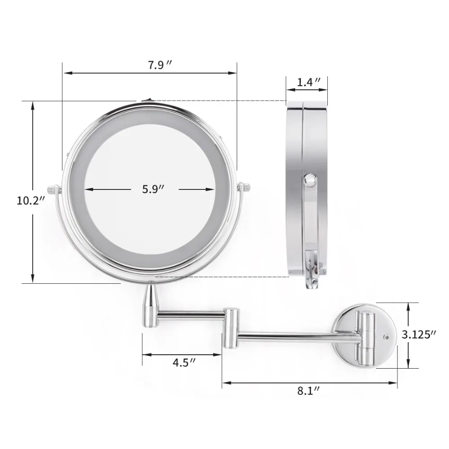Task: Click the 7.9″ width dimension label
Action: coord(160,65)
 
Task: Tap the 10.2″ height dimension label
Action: coord(31,200)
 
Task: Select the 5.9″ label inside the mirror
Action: coord(153,189)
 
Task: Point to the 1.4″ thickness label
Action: coord(308,83)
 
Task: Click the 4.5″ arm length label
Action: coord(184,362)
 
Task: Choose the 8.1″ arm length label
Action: coord(308,391)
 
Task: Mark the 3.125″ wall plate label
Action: coord(419,335)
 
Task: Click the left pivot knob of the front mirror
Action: coord(54,189)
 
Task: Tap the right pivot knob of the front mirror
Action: coord(244,187)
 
